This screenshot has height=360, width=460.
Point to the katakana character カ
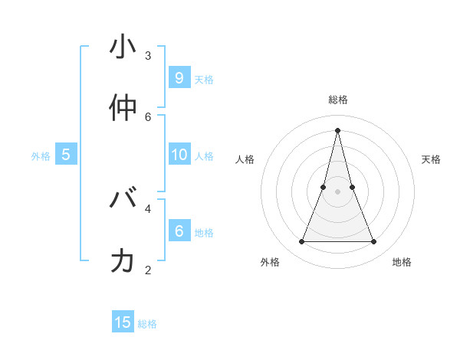(x=123, y=261)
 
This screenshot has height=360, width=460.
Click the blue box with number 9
(x=179, y=77)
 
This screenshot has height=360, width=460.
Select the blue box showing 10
(x=179, y=155)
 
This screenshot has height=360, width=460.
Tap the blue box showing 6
(x=179, y=231)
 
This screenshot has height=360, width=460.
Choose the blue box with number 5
(x=66, y=155)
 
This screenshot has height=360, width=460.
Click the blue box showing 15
(x=123, y=322)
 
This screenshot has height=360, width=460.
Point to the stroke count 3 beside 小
(x=148, y=55)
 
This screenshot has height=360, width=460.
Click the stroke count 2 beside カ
(x=148, y=269)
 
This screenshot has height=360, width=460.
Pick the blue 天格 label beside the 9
(x=204, y=79)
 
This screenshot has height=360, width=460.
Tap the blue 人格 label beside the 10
(x=204, y=155)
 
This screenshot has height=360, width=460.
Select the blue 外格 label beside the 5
(x=41, y=155)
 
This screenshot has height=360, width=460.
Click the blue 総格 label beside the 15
(x=147, y=324)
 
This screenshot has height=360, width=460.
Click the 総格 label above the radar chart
(x=337, y=100)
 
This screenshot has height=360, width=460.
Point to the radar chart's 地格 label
(x=402, y=262)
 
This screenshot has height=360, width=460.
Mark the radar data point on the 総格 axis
(x=337, y=129)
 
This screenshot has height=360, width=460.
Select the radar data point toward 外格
(x=301, y=242)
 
